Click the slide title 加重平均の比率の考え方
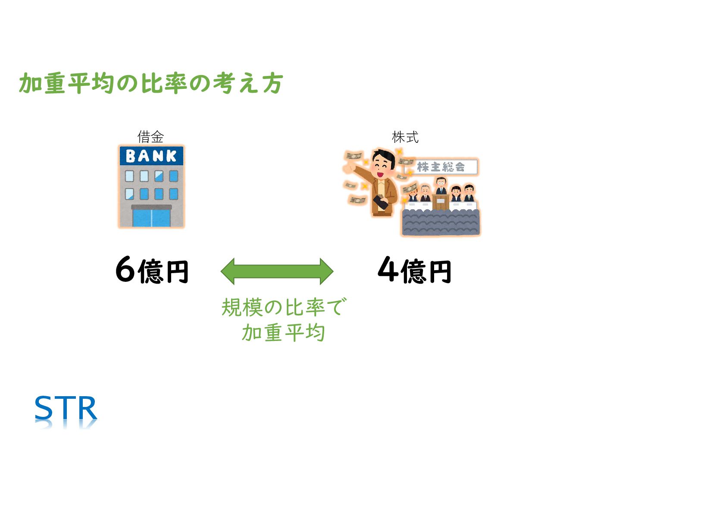(151, 83)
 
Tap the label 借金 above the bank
(150, 137)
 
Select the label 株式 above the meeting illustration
(405, 137)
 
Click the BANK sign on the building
(151, 156)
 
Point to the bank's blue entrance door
(151, 218)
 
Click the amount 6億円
(152, 270)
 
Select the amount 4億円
(414, 270)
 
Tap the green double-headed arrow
(277, 271)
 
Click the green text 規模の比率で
(283, 307)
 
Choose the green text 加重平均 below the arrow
(283, 333)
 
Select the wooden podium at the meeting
(441, 202)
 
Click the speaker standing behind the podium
(440, 186)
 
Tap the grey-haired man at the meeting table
(425, 193)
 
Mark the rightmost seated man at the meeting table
(469, 192)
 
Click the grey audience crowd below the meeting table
(441, 223)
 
